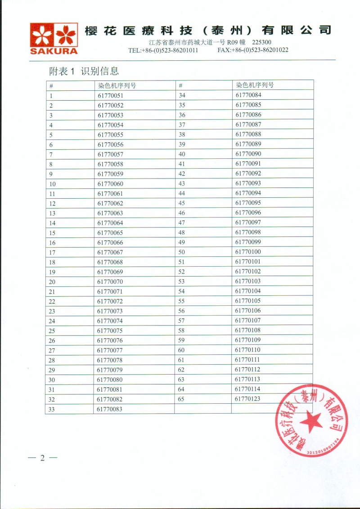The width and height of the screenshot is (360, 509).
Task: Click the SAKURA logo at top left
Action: click(54, 38)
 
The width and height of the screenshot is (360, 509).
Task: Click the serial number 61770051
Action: click(110, 96)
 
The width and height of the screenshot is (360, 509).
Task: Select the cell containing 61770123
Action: click(247, 399)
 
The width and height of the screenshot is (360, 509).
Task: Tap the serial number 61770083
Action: click(110, 409)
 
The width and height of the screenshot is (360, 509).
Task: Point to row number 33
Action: click(52, 409)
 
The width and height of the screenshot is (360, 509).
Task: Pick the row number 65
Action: click(182, 399)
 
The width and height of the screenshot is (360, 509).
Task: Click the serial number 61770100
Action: click(247, 252)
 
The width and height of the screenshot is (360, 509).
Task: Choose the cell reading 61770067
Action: click(110, 252)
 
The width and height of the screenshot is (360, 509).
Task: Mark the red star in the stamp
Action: click(310, 423)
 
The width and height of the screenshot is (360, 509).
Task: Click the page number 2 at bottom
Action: click(43, 458)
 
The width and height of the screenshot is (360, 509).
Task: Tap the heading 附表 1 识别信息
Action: click(84, 71)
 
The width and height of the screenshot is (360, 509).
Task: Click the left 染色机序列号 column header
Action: click(117, 85)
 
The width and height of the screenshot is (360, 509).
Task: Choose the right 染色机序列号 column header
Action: click(255, 85)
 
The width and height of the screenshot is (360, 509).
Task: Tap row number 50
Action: click(182, 252)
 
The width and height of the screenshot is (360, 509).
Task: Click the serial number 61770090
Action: click(247, 154)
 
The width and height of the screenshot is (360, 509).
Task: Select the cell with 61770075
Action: click(110, 330)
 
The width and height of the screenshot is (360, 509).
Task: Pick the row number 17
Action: click(52, 252)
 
